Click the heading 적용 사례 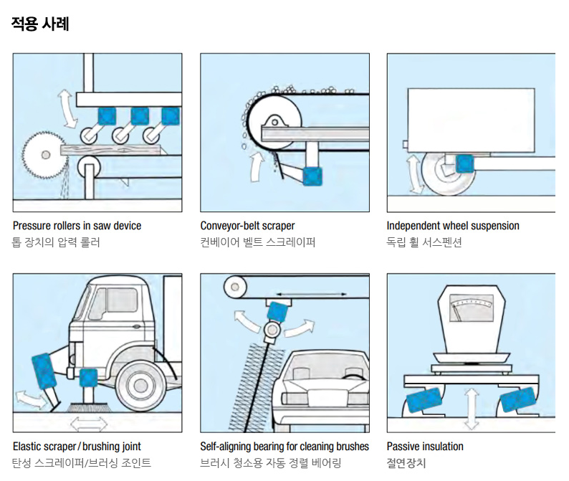(x=40, y=23)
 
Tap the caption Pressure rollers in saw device (x=77, y=226)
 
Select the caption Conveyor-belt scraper (x=247, y=226)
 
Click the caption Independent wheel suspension (x=453, y=226)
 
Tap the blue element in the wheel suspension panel (x=464, y=163)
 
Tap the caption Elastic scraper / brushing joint (x=77, y=447)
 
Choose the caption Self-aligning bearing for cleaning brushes (x=284, y=447)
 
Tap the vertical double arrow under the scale (x=471, y=409)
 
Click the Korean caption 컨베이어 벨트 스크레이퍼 (x=258, y=242)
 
